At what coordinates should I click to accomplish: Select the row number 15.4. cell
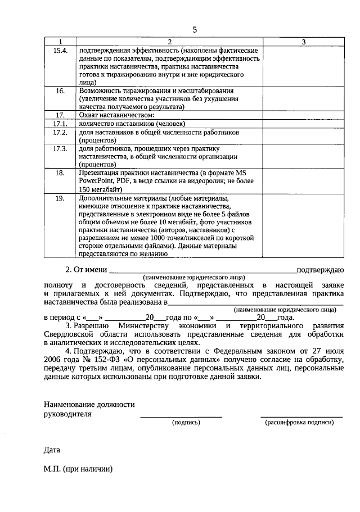tap(60, 51)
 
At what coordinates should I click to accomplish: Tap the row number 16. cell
tap(60, 90)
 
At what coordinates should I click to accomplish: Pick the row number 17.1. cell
tap(60, 124)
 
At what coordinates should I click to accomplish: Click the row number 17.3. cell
tap(60, 148)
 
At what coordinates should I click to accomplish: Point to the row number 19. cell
tap(60, 198)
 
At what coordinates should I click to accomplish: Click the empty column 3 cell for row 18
tap(303, 181)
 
